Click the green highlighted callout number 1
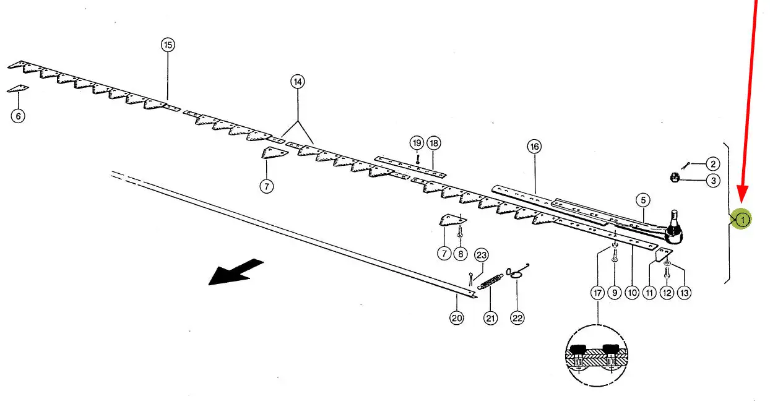click(x=742, y=219)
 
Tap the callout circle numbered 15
click(x=168, y=45)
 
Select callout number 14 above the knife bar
click(x=298, y=82)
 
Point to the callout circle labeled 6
click(x=18, y=116)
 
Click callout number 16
click(x=534, y=147)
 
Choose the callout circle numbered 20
click(x=456, y=318)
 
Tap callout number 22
click(x=517, y=318)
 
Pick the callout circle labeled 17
click(x=597, y=294)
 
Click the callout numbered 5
click(x=643, y=200)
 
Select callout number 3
click(x=713, y=181)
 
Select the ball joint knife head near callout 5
click(x=673, y=230)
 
